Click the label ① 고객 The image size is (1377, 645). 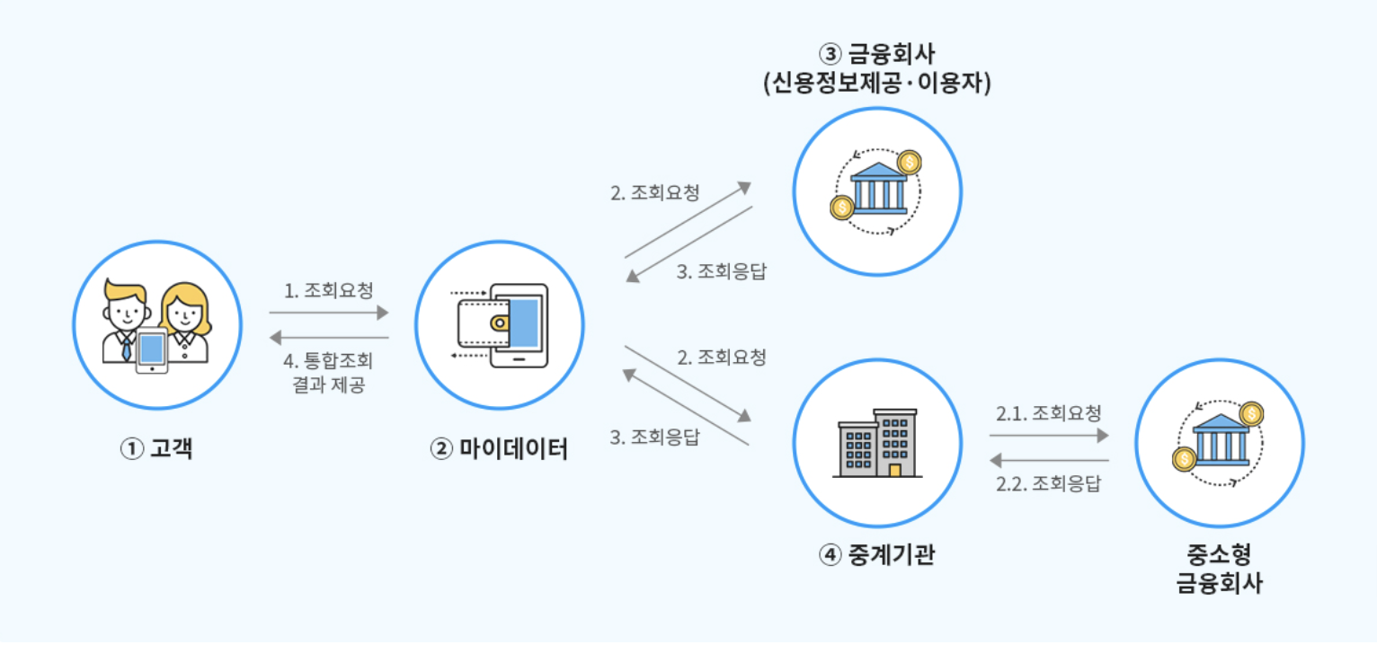click(x=156, y=448)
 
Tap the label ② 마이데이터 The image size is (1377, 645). click(x=499, y=448)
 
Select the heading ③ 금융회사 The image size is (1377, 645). click(x=876, y=54)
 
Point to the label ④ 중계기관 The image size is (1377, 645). click(x=876, y=554)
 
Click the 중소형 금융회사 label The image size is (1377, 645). click(x=1220, y=569)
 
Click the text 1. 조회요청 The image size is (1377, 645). click(x=328, y=290)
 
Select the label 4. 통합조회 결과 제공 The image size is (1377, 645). click(x=328, y=372)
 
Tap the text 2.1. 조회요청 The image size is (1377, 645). click(x=1048, y=413)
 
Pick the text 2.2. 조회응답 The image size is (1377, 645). click(x=1048, y=483)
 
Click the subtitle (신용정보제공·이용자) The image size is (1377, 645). click(x=876, y=83)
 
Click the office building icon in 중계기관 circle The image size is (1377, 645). click(x=877, y=443)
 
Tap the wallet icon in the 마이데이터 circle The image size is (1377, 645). click(x=484, y=322)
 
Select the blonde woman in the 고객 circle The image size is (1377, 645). click(x=185, y=322)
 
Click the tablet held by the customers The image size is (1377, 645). click(x=152, y=350)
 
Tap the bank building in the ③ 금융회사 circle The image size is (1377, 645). click(x=878, y=188)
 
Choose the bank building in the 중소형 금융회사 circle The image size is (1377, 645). click(x=1221, y=439)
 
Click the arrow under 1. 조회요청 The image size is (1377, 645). click(x=329, y=313)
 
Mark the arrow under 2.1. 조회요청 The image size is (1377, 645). click(x=1049, y=436)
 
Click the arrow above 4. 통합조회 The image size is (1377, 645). click(x=329, y=337)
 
